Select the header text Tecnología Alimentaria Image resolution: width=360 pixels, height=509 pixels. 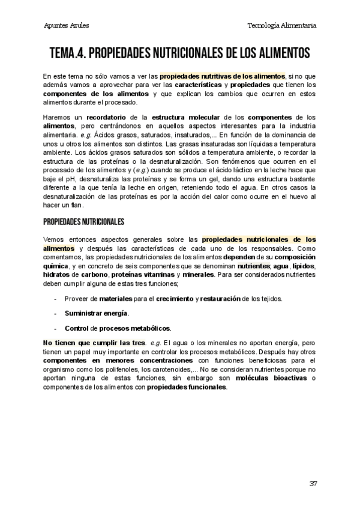pos(282,26)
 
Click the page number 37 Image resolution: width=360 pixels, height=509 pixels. pos(313,483)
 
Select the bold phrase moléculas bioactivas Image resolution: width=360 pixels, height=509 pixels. pos(270,379)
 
